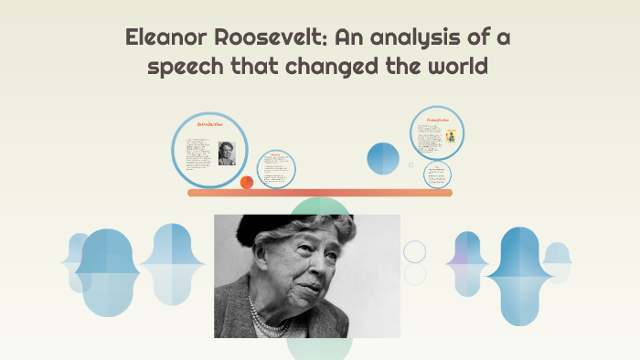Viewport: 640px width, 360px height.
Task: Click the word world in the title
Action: click(457, 69)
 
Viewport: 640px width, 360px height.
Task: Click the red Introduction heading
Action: click(211, 123)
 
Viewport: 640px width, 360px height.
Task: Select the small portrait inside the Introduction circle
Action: click(227, 153)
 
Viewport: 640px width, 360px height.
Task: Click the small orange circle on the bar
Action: click(247, 183)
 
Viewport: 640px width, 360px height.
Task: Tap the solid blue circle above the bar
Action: click(383, 159)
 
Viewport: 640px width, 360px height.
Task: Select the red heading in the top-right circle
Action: click(437, 120)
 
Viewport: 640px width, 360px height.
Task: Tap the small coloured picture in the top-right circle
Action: click(452, 136)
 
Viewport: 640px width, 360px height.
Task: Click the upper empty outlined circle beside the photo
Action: click(415, 251)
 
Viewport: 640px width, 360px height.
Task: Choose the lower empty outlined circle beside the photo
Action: click(415, 274)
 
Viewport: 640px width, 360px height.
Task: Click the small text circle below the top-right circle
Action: click(438, 175)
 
